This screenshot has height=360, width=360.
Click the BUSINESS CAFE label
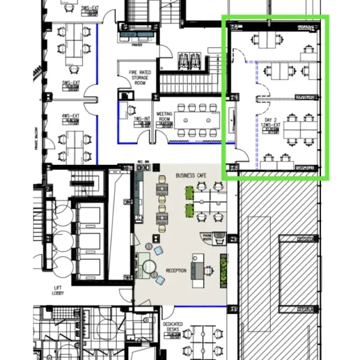coord(191,175)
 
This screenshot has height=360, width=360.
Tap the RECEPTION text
coord(176,271)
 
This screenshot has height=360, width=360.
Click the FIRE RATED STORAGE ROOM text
coord(141,77)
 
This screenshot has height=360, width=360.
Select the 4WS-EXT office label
coord(70,116)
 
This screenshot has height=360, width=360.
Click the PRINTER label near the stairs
coord(136,45)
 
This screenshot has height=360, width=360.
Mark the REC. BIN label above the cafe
coord(142,163)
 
